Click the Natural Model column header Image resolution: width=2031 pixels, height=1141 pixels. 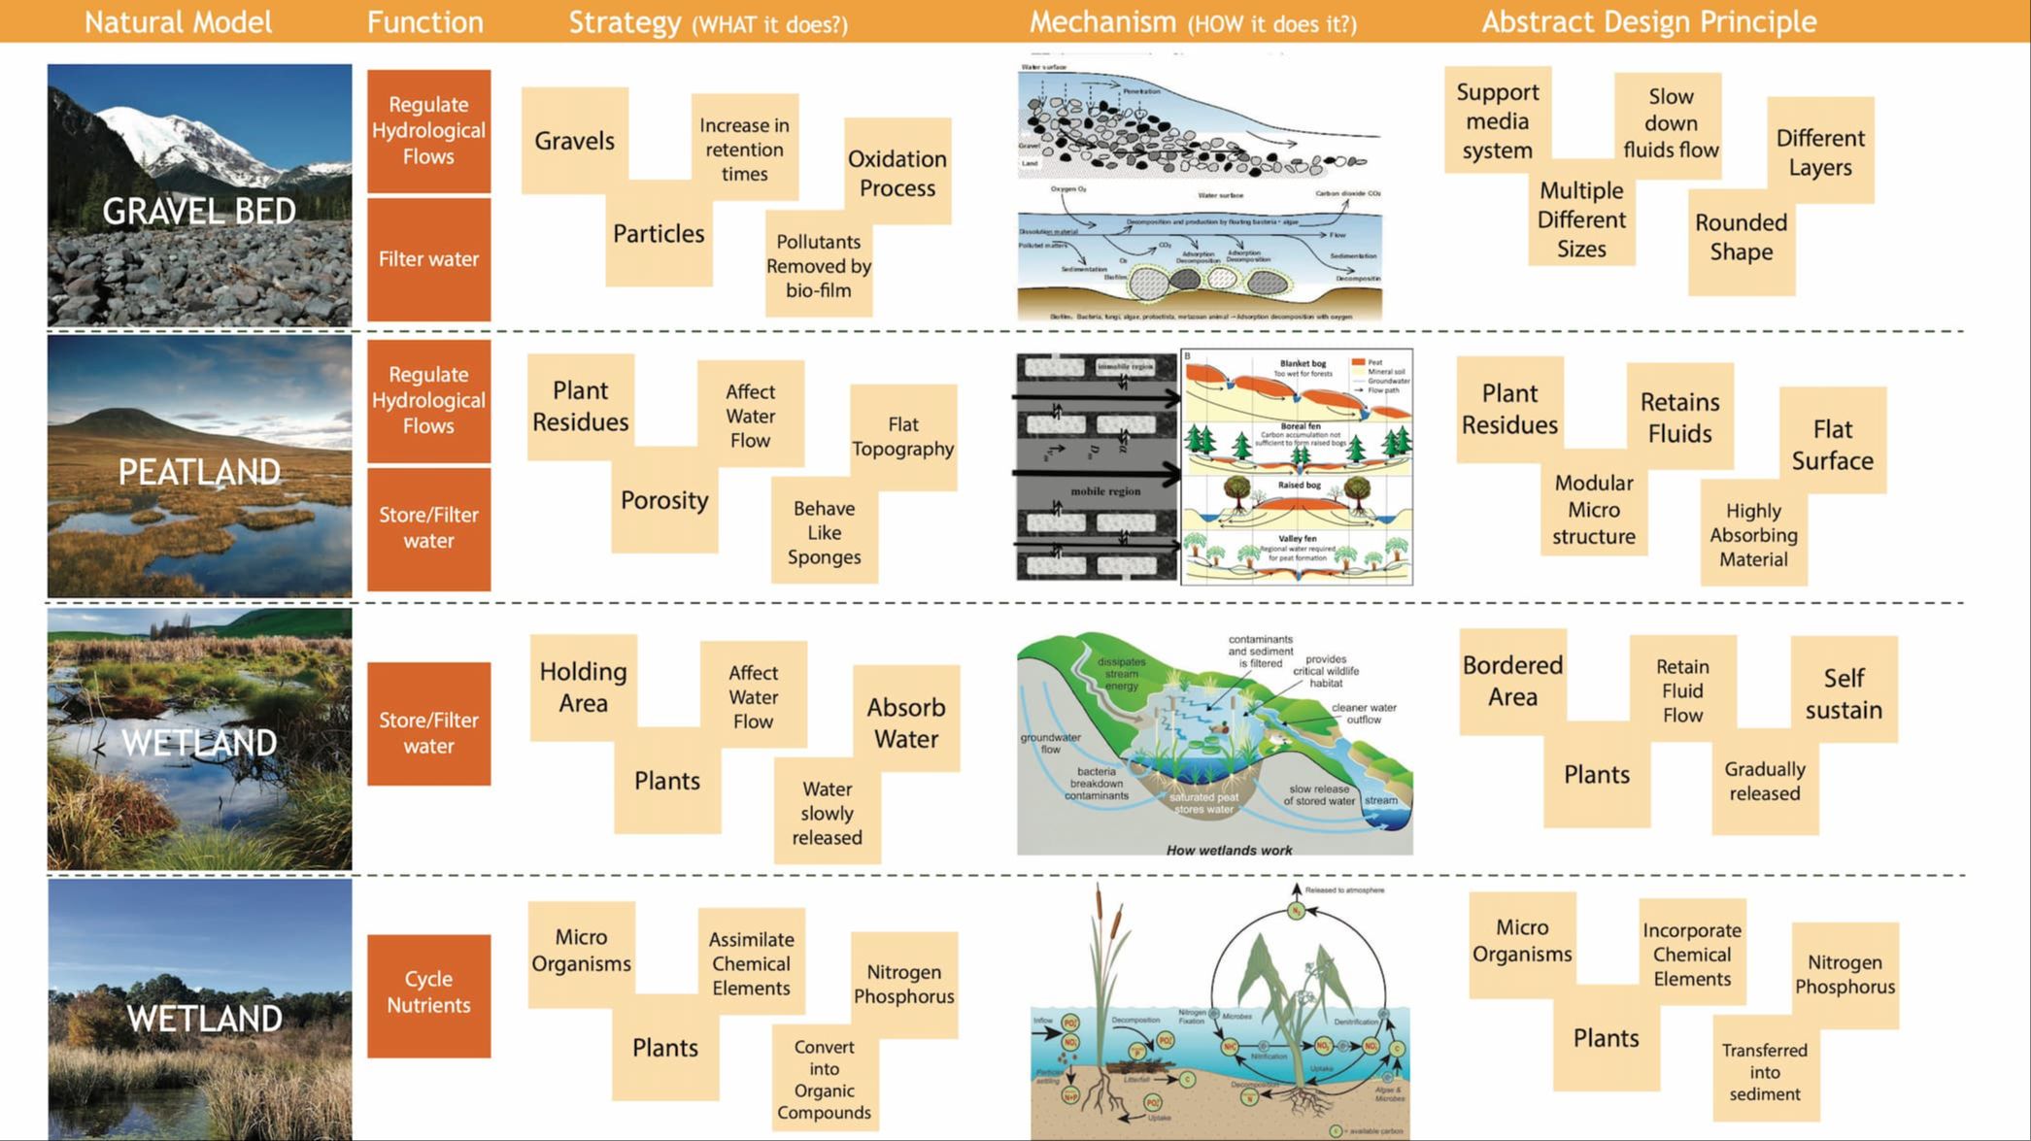[x=178, y=21]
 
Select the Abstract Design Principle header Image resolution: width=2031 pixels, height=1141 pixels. [x=1648, y=21]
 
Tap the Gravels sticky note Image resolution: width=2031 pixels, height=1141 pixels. [x=574, y=141]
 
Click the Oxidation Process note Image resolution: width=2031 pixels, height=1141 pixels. [x=897, y=173]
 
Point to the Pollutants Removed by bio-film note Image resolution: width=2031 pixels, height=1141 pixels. [x=819, y=266]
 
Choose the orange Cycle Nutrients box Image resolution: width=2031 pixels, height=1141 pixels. [x=428, y=992]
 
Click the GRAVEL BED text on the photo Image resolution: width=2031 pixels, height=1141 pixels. [x=199, y=211]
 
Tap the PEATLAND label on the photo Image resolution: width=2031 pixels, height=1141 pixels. [x=199, y=472]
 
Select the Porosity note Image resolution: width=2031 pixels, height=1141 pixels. [x=664, y=500]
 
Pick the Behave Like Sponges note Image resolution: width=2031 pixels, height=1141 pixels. [x=825, y=532]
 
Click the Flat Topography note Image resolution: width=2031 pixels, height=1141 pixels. [x=902, y=437]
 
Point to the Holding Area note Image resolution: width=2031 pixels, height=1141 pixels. [x=583, y=688]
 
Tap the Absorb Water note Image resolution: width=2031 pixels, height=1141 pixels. [x=905, y=722]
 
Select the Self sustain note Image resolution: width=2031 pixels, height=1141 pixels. [x=1843, y=693]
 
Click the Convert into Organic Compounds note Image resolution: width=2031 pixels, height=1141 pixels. [x=824, y=1079]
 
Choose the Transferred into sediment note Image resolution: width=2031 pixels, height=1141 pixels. [x=1765, y=1072]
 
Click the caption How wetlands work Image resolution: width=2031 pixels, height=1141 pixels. [x=1229, y=850]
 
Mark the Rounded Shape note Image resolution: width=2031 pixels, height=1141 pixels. [x=1741, y=237]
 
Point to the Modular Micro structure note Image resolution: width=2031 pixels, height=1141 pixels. [x=1593, y=510]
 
